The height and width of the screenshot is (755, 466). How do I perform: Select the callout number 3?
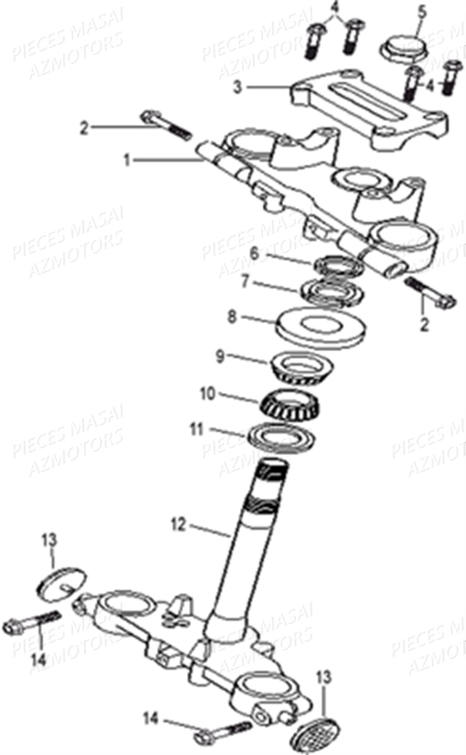tap(237, 88)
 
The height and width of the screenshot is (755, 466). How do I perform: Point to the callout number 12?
tap(177, 524)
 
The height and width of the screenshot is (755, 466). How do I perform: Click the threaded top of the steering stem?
tap(273, 472)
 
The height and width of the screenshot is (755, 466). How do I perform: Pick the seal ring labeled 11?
tap(282, 434)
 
